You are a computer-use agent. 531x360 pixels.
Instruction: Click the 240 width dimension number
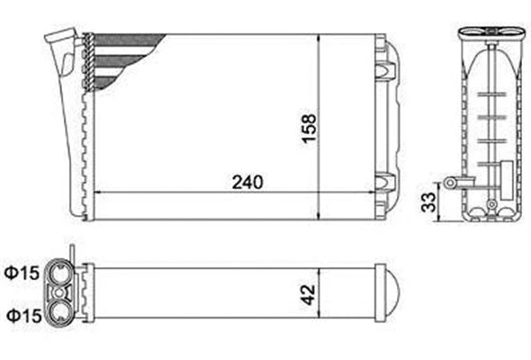tap(246, 181)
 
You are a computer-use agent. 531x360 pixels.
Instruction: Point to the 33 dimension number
tap(430, 195)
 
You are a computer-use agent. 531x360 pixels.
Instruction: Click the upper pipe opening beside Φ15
tap(62, 273)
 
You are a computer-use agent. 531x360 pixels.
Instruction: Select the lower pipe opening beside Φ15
tap(62, 312)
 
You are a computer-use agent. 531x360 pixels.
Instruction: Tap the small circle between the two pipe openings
tap(62, 292)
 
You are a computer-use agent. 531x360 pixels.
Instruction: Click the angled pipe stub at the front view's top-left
tap(61, 40)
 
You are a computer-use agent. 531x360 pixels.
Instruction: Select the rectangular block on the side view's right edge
tap(508, 170)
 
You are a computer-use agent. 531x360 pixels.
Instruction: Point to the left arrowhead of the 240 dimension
tap(99, 192)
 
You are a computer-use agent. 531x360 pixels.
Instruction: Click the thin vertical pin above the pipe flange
tap(69, 251)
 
